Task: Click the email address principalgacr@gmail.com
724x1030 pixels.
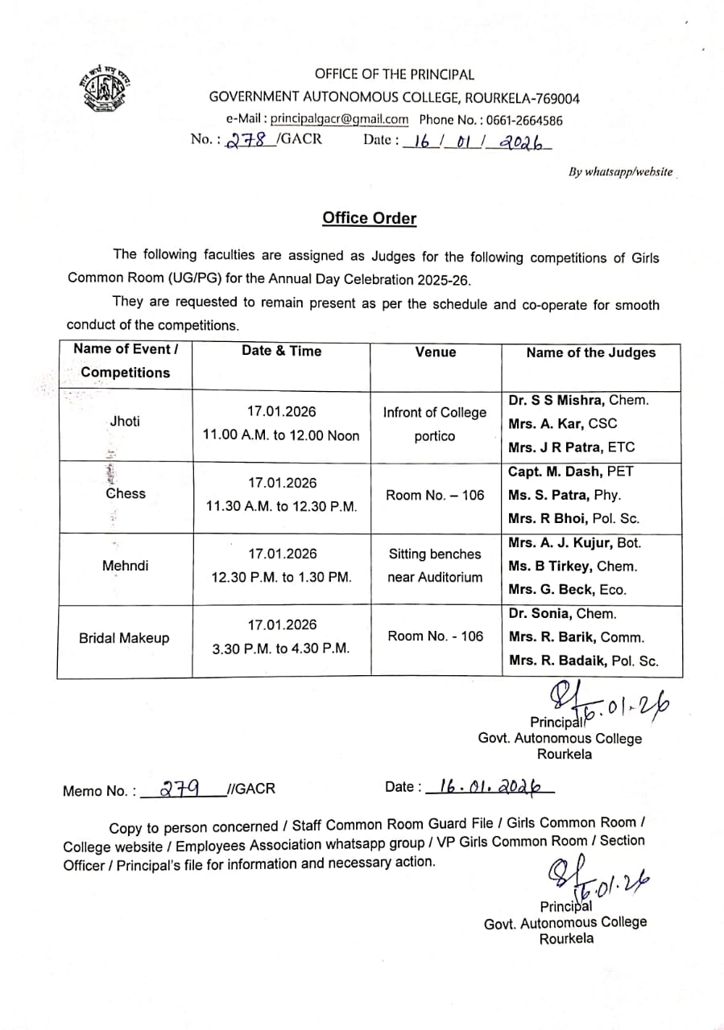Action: (x=339, y=119)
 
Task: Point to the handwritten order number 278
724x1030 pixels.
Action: (x=246, y=140)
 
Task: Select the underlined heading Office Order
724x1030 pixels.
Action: (x=370, y=218)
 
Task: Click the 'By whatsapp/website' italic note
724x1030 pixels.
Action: (x=620, y=171)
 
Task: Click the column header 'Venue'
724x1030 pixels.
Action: (x=436, y=352)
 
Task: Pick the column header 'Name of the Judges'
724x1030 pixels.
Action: (x=590, y=352)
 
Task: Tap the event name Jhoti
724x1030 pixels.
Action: (x=125, y=421)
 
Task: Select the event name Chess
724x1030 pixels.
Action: (x=126, y=493)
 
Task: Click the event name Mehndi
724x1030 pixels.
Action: (x=125, y=566)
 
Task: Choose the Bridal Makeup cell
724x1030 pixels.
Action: (x=124, y=638)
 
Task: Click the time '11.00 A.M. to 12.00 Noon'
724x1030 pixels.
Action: (x=281, y=435)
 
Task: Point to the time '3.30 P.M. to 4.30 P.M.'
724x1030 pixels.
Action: (x=281, y=648)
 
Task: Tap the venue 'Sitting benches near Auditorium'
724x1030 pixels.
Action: (x=435, y=565)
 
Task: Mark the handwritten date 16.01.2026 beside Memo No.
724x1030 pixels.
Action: (x=486, y=786)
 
